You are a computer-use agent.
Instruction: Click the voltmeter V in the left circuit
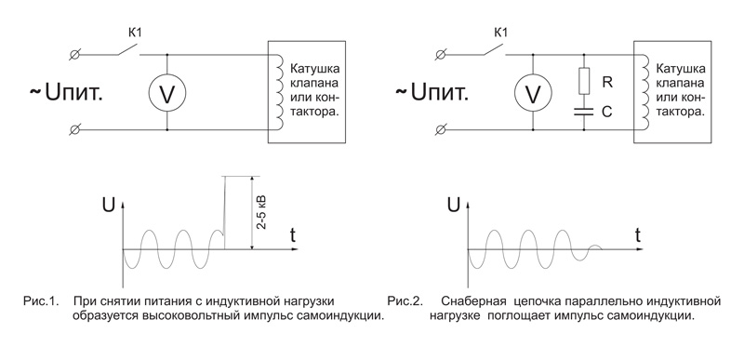point(167,93)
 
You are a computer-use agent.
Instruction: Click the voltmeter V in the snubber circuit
point(533,93)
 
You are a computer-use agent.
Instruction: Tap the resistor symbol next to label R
point(584,81)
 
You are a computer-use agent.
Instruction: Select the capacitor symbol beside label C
point(584,112)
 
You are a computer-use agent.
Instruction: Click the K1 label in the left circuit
point(135,33)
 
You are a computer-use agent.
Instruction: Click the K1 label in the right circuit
point(501,33)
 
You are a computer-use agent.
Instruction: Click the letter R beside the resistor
point(607,82)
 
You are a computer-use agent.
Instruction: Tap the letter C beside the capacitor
point(607,113)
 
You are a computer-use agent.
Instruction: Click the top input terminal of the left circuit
point(74,55)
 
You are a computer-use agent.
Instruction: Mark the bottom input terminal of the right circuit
point(441,129)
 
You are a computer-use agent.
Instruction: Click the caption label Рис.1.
point(41,301)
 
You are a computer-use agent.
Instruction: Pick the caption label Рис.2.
point(405,301)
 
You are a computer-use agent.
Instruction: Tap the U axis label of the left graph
point(108,206)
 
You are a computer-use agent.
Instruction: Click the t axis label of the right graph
point(639,234)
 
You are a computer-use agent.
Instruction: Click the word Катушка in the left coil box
point(315,68)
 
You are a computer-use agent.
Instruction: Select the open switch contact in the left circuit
point(128,50)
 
